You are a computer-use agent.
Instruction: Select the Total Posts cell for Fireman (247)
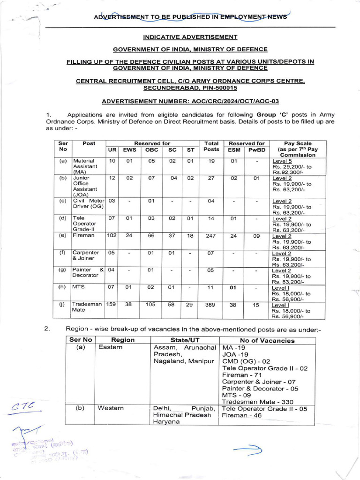[210, 236]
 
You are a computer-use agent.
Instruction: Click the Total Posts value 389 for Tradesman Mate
[210, 304]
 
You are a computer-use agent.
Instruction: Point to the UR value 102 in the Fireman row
[112, 236]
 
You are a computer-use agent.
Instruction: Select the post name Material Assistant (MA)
[84, 166]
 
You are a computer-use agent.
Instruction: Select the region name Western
[111, 408]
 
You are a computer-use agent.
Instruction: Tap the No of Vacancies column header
[267, 340]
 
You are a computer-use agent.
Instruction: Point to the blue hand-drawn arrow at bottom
[248, 451]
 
